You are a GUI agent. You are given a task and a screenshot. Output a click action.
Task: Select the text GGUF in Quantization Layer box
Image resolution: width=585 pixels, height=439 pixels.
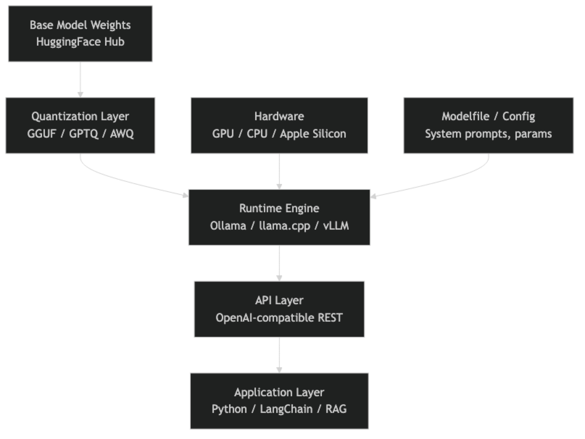pos(42,134)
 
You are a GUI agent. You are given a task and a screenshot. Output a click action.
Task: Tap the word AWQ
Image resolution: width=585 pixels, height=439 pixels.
pos(122,134)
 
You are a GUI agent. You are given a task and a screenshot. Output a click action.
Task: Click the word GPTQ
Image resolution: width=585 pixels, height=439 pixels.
pos(83,134)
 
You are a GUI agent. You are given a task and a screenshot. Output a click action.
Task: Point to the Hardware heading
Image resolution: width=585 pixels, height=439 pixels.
pos(279,116)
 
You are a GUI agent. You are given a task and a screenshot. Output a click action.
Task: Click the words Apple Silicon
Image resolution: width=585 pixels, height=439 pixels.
pos(313,134)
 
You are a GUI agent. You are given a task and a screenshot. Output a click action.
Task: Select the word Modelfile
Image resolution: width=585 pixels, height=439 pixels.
pos(465,116)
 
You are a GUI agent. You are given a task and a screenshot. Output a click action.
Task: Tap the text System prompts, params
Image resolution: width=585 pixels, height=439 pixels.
pos(488,134)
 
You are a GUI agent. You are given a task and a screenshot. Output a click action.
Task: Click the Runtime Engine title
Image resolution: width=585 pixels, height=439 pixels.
pos(279,208)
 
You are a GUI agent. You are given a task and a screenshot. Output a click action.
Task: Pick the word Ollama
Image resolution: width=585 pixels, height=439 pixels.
pos(228,226)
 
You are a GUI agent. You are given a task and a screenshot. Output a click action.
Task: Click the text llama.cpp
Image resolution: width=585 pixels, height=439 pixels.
pos(285,226)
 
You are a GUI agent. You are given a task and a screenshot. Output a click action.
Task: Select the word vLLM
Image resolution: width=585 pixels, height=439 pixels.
pos(336,226)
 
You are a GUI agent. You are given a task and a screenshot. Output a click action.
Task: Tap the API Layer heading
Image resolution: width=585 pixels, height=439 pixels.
pos(279,300)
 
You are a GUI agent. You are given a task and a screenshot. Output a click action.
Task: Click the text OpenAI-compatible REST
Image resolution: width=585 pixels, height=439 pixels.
pos(279,318)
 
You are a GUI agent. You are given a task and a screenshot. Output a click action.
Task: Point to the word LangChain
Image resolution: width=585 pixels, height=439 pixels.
pos(286,409)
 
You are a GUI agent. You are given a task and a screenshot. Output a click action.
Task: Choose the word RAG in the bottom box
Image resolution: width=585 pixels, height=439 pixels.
pos(336,409)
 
